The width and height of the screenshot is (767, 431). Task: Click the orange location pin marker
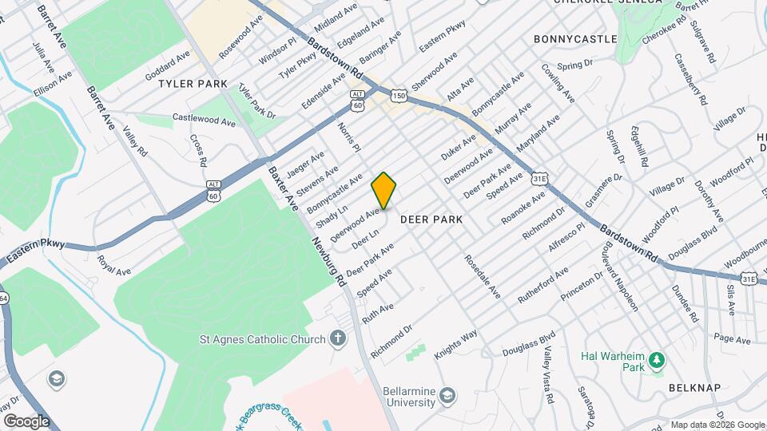(x=384, y=190)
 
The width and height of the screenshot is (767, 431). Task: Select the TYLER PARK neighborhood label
(x=193, y=84)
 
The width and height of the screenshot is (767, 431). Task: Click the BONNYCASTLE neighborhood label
(x=575, y=38)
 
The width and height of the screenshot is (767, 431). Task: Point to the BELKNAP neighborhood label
(x=695, y=388)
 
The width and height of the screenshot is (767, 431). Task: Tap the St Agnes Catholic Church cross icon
(x=338, y=339)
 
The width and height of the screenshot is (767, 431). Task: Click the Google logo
(x=26, y=421)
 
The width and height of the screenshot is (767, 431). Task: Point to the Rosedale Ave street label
(x=482, y=277)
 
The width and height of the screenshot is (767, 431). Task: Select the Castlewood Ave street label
(x=205, y=120)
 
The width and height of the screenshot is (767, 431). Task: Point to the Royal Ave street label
(x=113, y=266)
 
